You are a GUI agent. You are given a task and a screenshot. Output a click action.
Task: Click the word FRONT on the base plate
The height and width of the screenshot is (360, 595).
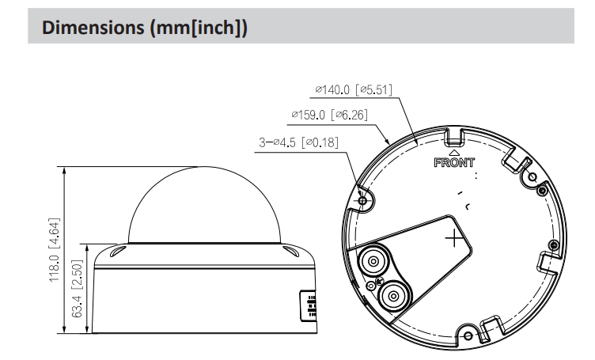pos(454,165)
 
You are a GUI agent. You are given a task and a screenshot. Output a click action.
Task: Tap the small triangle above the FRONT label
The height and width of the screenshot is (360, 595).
pos(454,153)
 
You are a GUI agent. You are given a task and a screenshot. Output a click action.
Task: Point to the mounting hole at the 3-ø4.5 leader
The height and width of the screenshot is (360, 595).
pos(363,201)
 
